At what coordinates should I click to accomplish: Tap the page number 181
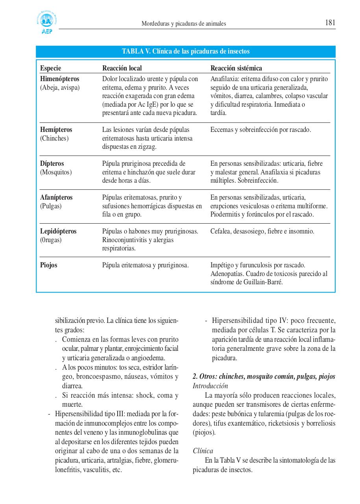(330, 23)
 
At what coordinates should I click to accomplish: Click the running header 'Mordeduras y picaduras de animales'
(184, 24)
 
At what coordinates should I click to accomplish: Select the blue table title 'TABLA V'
(186, 52)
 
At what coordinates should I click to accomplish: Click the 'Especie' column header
(51, 69)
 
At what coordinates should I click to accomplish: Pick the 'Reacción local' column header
(122, 69)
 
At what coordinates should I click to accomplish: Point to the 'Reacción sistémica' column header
(236, 69)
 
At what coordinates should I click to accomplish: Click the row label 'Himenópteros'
(60, 79)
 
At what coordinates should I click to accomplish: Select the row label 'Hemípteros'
(56, 130)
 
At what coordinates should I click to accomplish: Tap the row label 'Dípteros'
(52, 163)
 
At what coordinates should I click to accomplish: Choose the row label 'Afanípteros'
(56, 197)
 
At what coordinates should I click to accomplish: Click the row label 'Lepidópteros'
(58, 231)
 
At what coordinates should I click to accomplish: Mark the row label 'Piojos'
(49, 265)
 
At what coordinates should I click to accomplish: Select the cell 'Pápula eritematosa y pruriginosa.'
(146, 265)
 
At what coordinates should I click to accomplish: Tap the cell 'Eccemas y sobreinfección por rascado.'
(260, 130)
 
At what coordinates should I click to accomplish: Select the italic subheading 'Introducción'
(210, 386)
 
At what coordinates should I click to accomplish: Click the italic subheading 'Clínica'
(203, 451)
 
